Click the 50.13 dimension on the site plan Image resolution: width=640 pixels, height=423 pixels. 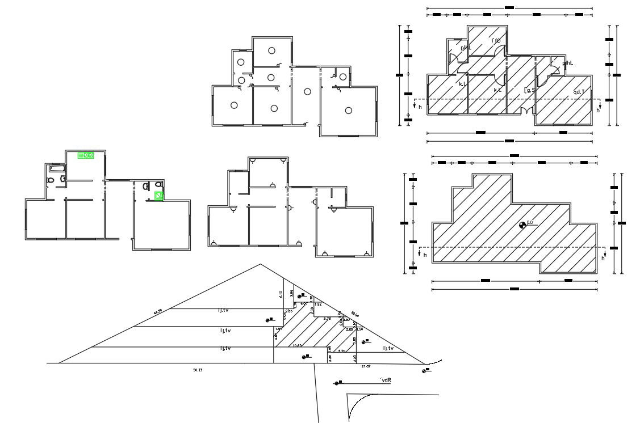tap(198, 370)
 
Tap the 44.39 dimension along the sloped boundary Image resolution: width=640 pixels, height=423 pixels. tap(157, 311)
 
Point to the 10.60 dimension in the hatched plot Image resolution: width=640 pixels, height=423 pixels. tap(296, 345)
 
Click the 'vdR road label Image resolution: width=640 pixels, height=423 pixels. tap(386, 380)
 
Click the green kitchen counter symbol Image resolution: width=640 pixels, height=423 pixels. tap(86, 155)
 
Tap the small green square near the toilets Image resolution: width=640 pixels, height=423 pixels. tap(160, 196)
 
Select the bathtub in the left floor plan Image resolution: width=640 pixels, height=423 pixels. tap(58, 168)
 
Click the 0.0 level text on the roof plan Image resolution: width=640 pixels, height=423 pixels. tap(530, 223)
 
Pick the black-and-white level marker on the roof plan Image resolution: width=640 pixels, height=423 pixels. tap(522, 226)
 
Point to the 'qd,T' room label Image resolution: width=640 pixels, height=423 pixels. tap(579, 91)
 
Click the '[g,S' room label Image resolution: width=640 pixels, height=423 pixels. tap(530, 90)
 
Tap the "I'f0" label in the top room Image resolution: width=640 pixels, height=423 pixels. tap(496, 40)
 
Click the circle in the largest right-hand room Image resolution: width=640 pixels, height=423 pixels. tap(349, 111)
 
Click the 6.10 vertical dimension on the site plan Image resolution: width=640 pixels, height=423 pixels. tap(281, 294)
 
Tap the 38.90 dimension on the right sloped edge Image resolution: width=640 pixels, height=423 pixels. tap(355, 315)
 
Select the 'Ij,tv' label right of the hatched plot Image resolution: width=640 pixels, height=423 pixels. tap(389, 348)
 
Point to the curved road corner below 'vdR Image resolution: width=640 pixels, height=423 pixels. tap(358, 405)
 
